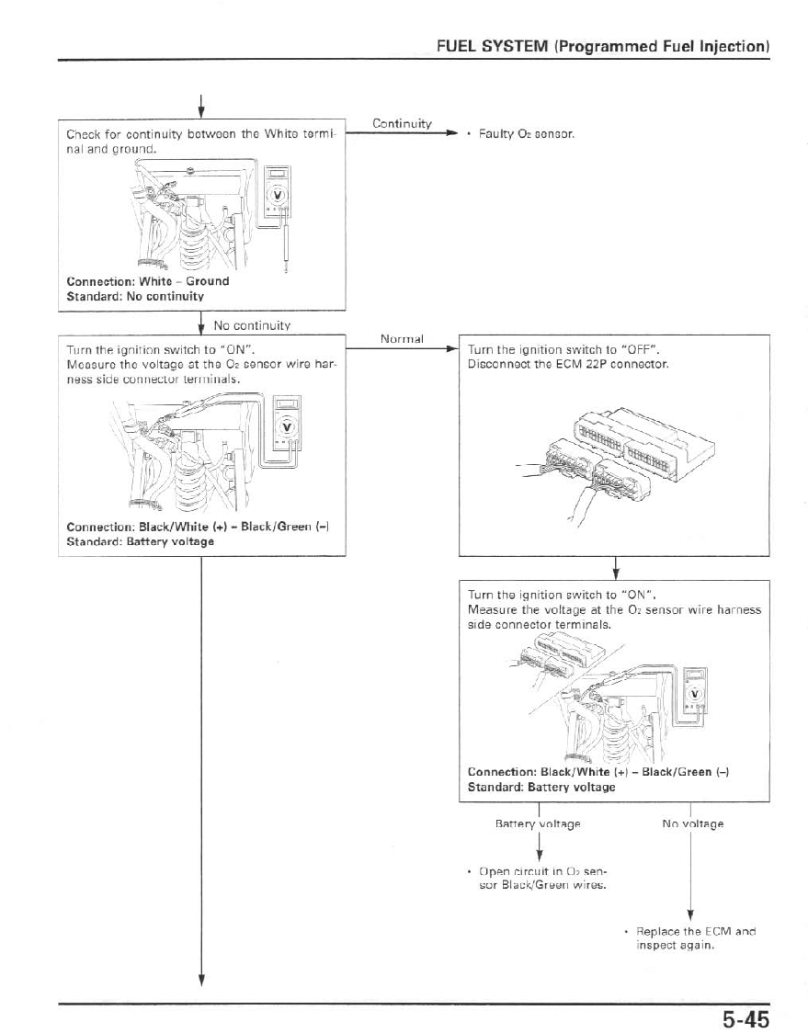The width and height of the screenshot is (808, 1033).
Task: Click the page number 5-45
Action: [x=744, y=1017]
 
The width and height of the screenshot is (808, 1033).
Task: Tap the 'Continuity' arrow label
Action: [x=402, y=123]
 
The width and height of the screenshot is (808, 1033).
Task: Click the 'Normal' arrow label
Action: [x=402, y=338]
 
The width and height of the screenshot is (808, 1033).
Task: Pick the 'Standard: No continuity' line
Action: [x=135, y=297]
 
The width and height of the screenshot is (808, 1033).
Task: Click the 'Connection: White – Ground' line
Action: [x=148, y=281]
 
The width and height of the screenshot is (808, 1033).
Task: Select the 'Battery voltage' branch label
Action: [x=537, y=823]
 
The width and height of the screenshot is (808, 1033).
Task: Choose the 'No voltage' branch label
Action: [x=692, y=823]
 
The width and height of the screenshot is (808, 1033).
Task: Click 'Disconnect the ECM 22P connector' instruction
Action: [x=567, y=364]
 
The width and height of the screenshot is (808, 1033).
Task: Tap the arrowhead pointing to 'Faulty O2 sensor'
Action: [x=451, y=133]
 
